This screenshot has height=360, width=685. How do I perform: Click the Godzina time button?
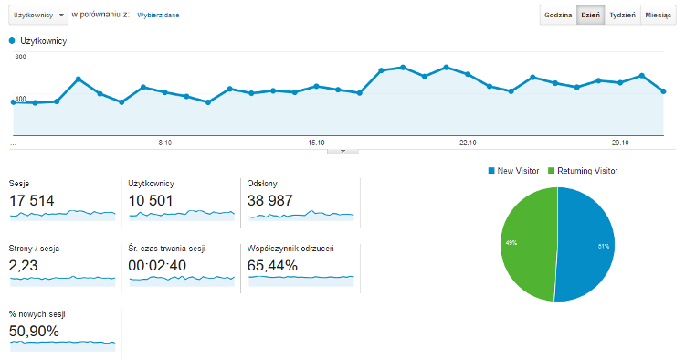558,15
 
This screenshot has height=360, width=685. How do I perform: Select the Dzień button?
590,15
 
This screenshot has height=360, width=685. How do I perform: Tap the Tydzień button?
622,15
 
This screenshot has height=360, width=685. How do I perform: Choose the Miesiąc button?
658,15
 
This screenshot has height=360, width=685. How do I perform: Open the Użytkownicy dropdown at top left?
38,15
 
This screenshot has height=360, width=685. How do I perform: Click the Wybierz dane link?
158,15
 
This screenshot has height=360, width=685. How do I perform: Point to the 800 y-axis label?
20,57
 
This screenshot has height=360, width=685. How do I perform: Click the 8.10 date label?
164,143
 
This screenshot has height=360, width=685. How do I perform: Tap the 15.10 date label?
316,143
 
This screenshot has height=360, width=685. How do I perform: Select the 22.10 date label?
468,143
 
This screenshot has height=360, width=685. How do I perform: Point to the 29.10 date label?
620,143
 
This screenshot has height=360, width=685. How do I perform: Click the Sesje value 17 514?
31,200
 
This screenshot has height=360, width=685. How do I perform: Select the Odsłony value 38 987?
269,200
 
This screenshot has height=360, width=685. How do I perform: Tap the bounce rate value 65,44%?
272,266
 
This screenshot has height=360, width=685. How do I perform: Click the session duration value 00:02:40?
157,266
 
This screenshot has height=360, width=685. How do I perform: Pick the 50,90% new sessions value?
34,331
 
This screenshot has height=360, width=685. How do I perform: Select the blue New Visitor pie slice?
585,244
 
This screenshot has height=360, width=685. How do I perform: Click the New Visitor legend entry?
513,171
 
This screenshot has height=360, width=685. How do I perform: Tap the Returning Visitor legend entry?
583,171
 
